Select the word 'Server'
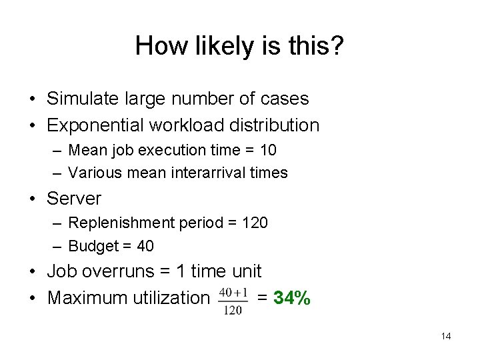click(x=74, y=199)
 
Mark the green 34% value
click(x=291, y=298)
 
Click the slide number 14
click(x=446, y=336)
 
